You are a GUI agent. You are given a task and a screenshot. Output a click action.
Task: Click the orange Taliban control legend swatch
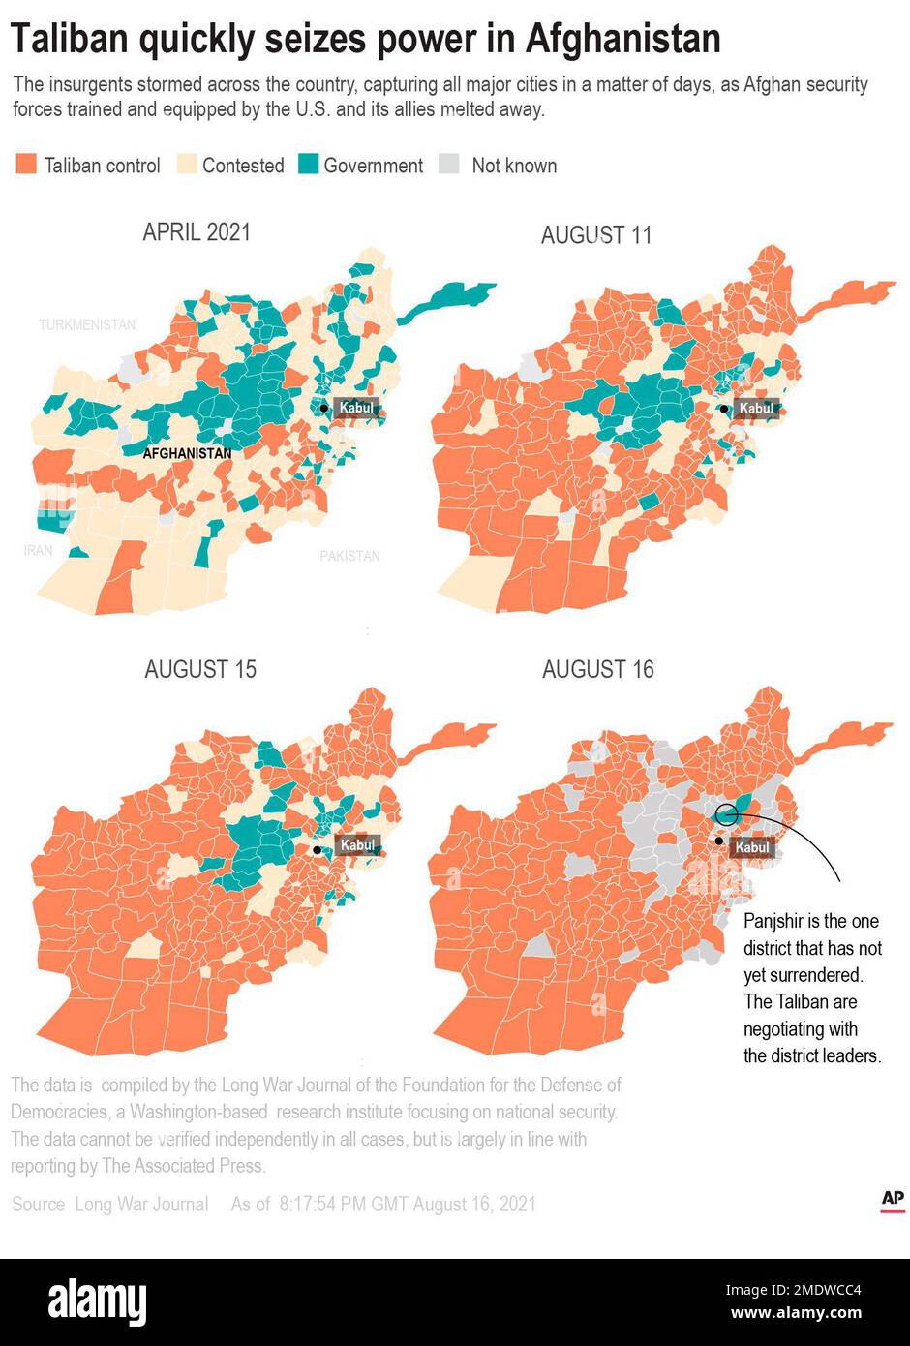click(x=26, y=165)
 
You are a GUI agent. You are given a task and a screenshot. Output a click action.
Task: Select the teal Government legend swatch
click(x=308, y=165)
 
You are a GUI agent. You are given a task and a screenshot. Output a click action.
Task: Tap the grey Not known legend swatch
click(x=449, y=165)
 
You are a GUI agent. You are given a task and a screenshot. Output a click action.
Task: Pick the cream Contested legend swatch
click(x=187, y=165)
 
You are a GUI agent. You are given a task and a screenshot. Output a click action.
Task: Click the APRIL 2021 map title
click(x=197, y=232)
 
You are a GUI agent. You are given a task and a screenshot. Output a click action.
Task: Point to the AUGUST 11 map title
click(x=596, y=235)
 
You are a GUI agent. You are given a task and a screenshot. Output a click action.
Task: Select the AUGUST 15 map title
click(x=200, y=669)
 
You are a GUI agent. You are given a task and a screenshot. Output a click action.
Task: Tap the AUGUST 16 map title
click(x=597, y=669)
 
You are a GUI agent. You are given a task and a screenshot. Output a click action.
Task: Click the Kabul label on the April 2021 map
click(x=355, y=408)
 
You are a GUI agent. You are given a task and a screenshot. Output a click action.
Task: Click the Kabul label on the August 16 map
click(x=752, y=847)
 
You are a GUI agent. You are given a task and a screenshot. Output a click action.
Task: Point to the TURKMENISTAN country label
click(x=87, y=325)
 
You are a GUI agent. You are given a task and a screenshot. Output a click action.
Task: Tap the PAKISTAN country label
click(x=349, y=556)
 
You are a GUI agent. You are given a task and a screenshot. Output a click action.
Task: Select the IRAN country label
click(x=39, y=550)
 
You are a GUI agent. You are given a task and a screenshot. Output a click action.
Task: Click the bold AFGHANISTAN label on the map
click(x=187, y=453)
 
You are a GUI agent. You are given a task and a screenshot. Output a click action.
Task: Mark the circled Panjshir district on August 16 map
click(x=728, y=813)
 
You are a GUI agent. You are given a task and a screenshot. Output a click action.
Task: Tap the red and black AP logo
click(x=893, y=1200)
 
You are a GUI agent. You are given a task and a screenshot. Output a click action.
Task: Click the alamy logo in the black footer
click(x=98, y=1302)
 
